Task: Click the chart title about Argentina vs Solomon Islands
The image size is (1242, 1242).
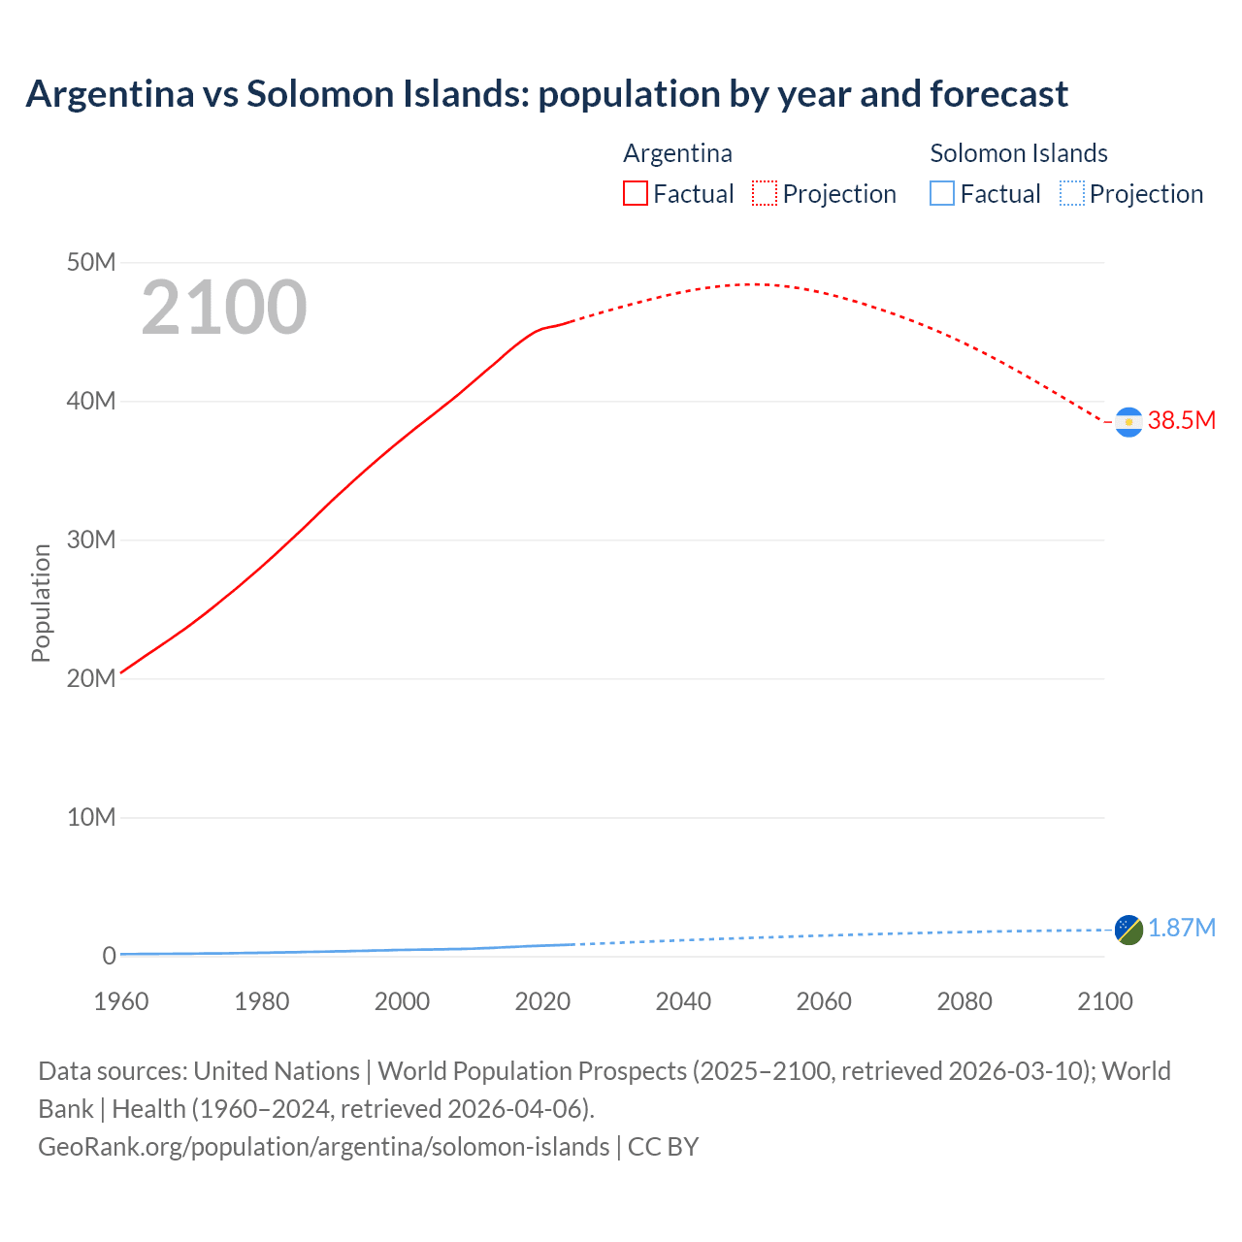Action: click(546, 94)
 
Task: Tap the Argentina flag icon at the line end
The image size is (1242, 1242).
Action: click(1128, 422)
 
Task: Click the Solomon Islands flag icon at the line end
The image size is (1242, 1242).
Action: click(1128, 930)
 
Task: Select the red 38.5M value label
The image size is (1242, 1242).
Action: click(1181, 420)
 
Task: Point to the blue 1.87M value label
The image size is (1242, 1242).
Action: click(1181, 929)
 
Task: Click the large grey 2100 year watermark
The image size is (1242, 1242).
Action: click(224, 308)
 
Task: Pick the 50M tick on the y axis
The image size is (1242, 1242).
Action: click(91, 263)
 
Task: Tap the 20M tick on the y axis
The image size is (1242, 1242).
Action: click(91, 679)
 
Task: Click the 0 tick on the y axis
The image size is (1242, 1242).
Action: click(109, 956)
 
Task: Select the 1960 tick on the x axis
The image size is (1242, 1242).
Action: click(121, 1001)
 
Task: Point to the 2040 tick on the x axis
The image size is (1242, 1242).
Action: click(683, 1001)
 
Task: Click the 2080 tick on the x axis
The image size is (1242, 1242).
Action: click(964, 1001)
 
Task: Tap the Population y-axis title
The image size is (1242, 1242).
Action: click(41, 603)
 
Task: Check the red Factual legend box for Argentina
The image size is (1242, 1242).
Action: click(636, 194)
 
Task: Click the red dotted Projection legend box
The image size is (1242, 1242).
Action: click(765, 194)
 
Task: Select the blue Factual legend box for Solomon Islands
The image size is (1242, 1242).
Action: click(942, 194)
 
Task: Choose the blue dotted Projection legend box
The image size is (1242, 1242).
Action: click(1071, 194)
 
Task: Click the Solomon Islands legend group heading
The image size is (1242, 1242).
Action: click(1018, 153)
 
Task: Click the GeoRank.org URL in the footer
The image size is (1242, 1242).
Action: click(323, 1147)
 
